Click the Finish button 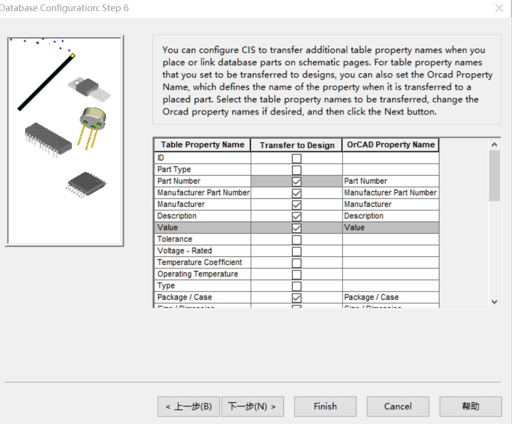point(325,407)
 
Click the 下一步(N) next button point(252,407)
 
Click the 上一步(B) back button point(188,407)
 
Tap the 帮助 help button point(470,407)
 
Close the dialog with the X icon point(499,8)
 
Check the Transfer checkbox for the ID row point(296,158)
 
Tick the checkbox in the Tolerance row point(296,240)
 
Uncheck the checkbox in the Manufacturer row point(296,205)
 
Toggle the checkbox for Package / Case point(296,298)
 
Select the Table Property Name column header point(202,145)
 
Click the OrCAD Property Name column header point(390,145)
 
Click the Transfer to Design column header point(296,145)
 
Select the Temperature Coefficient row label point(199,262)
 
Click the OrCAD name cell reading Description point(363,216)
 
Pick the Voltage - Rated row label point(184,251)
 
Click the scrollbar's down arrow point(494,302)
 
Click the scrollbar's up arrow point(494,145)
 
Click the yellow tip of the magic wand point(73,56)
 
